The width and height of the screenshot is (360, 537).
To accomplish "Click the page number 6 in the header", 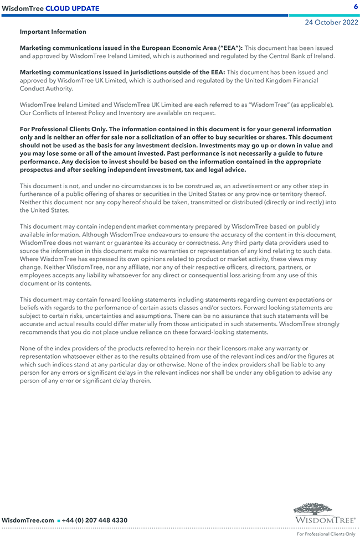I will pos(355,7).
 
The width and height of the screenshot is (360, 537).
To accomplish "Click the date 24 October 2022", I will pos(331,23).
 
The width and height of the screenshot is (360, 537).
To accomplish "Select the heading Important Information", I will pos(53,32).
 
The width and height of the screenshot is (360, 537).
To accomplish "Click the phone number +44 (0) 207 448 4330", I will pos(95,520).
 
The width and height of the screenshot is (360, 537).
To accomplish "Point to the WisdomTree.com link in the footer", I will pos(28,520).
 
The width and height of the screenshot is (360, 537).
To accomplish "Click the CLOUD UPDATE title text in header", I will pos(73,8).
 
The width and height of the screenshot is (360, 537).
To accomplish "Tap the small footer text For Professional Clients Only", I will pos(326,534).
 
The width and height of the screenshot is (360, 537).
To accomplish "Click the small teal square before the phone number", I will pos(58,521).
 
